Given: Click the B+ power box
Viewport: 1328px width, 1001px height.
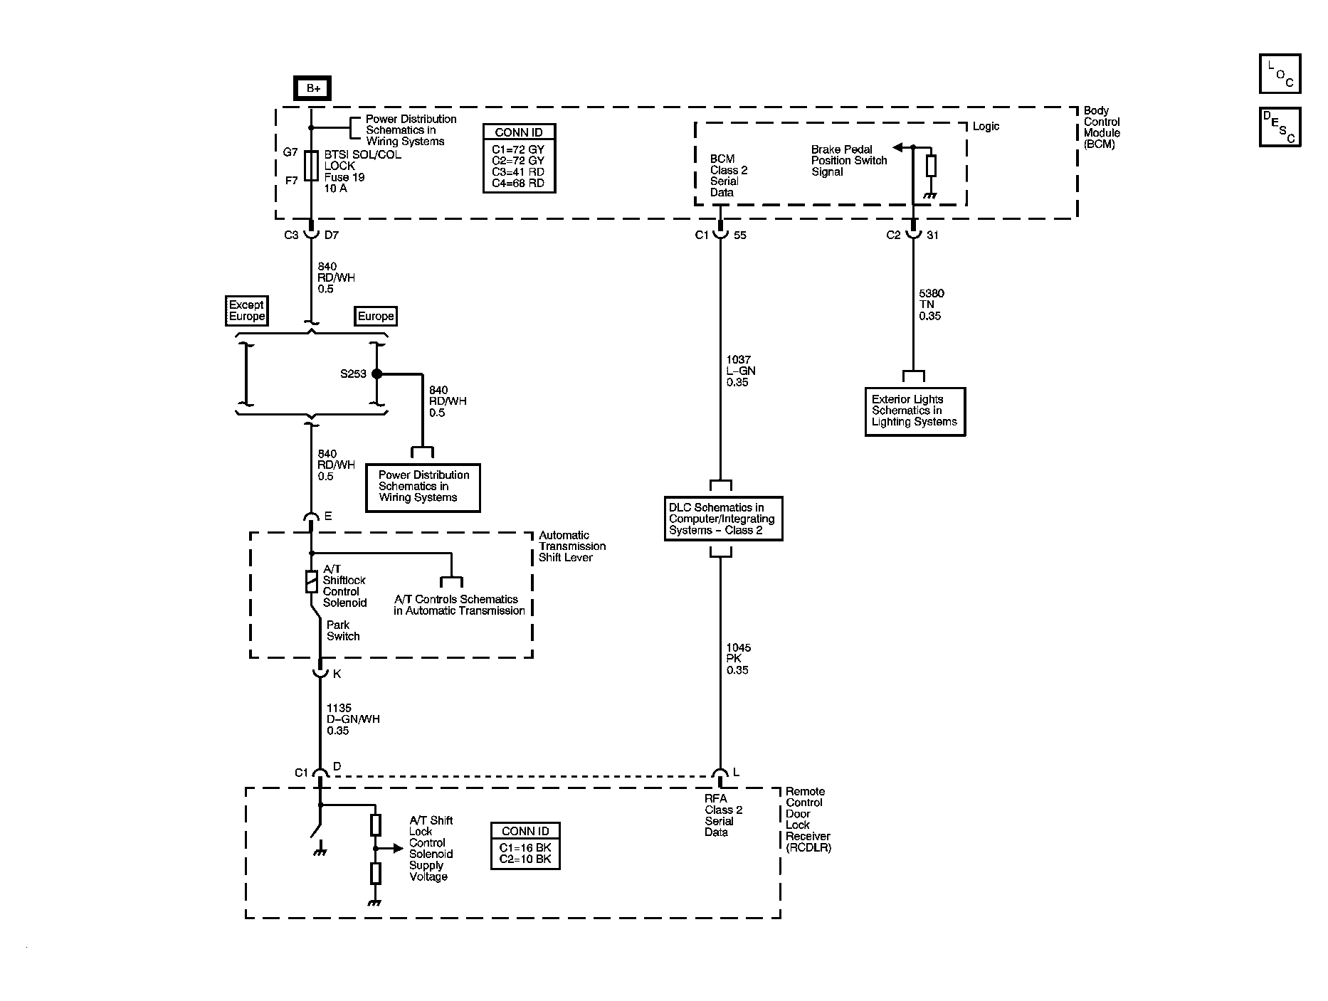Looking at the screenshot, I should point(312,88).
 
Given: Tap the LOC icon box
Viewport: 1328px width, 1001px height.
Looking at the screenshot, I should point(1280,74).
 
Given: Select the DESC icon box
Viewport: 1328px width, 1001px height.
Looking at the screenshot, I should point(1280,127).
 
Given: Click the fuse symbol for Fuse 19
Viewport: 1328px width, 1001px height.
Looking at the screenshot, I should point(311,166).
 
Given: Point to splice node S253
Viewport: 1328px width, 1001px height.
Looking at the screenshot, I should point(376,374).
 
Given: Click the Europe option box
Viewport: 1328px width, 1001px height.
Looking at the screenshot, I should point(375,317).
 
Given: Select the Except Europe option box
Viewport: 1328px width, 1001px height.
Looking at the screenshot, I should point(246,311).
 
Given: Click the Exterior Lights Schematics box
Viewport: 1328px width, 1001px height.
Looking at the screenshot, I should point(915,411).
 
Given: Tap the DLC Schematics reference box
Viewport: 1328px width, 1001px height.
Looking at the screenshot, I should point(722,519).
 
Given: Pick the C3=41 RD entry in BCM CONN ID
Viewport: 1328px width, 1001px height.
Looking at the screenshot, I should point(518,172).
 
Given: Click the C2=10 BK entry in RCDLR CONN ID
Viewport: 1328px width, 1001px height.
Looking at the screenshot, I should point(525,859).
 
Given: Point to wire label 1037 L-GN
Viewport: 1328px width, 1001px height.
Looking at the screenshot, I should point(740,371).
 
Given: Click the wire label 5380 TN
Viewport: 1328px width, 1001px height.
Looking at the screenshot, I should point(931,304).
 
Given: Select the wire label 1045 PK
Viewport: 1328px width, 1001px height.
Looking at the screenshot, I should point(738,659).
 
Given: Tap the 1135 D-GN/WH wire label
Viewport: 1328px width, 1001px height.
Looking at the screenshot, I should point(352,719).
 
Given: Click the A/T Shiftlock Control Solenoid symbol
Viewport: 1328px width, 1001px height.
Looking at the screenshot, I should point(311,581).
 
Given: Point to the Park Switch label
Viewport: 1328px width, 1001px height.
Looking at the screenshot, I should point(342,631).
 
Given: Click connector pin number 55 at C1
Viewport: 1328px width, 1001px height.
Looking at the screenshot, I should point(740,235).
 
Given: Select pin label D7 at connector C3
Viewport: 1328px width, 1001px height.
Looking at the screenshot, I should point(332,235).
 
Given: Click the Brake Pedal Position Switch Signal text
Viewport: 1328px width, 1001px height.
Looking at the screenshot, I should point(848,161).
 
